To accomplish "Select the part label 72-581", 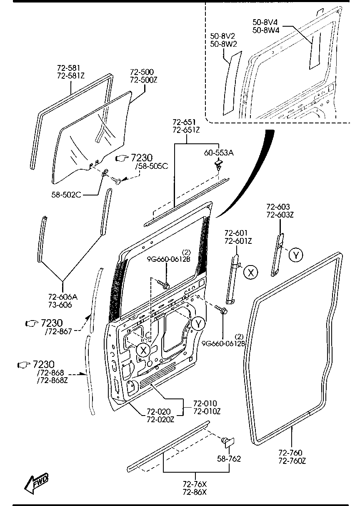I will pos(68,68).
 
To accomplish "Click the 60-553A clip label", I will pos(218,153).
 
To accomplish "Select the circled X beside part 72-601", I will pos(250,272).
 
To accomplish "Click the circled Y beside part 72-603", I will pos(295,255).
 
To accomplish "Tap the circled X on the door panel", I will pos(143,350).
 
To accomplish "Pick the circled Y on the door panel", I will pos(199,323).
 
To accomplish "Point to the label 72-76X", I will pos(195,484).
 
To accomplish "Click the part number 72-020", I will pos(157,412).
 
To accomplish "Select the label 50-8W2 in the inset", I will pos(223,43).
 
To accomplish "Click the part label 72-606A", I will pos(63,297).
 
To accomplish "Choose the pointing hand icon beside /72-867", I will pos(31,323).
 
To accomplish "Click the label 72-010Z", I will pos(206,411).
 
